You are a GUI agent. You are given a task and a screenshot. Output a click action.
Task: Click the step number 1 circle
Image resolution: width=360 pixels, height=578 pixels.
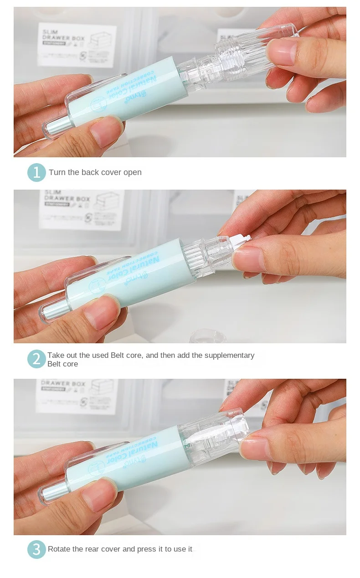(x=36, y=172)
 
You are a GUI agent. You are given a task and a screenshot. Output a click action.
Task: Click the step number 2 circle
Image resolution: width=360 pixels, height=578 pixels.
(x=36, y=359)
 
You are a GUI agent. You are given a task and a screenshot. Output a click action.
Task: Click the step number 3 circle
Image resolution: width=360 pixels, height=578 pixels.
(x=36, y=549)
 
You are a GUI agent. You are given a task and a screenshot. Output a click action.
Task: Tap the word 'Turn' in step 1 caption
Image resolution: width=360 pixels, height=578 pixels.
(x=57, y=172)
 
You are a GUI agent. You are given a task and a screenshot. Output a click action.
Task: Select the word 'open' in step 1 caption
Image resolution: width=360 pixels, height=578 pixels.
(x=132, y=172)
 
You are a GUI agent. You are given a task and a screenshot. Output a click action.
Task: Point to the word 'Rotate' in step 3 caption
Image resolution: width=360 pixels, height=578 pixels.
(x=59, y=549)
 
